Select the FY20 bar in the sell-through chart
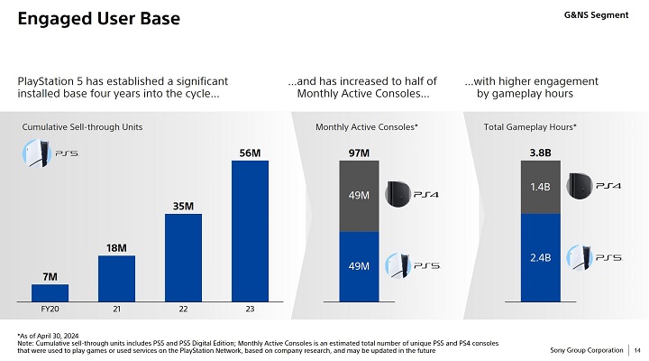pyautogui.click(x=50, y=292)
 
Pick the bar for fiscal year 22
pyautogui.click(x=183, y=257)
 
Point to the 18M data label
pyautogui.click(x=116, y=247)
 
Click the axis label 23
pyautogui.click(x=250, y=310)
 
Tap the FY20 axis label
pyautogui.click(x=50, y=310)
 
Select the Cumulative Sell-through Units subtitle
pyautogui.click(x=82, y=128)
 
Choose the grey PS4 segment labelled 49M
pyautogui.click(x=359, y=195)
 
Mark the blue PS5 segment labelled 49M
pyautogui.click(x=359, y=265)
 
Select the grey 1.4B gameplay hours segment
pyautogui.click(x=541, y=187)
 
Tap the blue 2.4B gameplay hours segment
pyautogui.click(x=541, y=257)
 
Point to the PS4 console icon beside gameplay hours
pyautogui.click(x=579, y=185)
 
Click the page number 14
pyautogui.click(x=637, y=350)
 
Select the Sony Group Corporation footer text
pyautogui.click(x=587, y=350)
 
